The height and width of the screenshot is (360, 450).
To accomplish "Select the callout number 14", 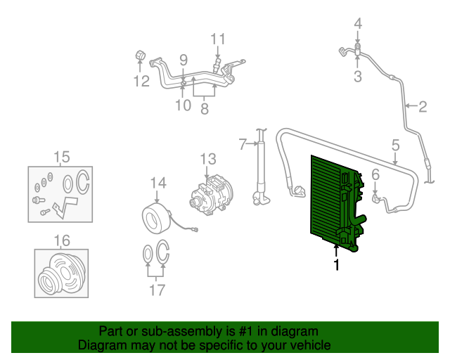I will tap(157, 183).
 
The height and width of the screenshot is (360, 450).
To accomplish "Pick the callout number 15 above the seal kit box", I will tap(62, 156).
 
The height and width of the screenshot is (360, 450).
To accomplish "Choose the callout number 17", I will tap(157, 289).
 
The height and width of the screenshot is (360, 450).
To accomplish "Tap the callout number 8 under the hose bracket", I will tap(205, 109).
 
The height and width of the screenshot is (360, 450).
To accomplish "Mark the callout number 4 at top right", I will tap(358, 25).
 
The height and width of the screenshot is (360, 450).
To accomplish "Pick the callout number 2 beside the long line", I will tap(423, 108).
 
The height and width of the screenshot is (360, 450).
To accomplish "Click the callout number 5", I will tap(395, 145).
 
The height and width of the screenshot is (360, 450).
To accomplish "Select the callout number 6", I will tap(375, 174).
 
